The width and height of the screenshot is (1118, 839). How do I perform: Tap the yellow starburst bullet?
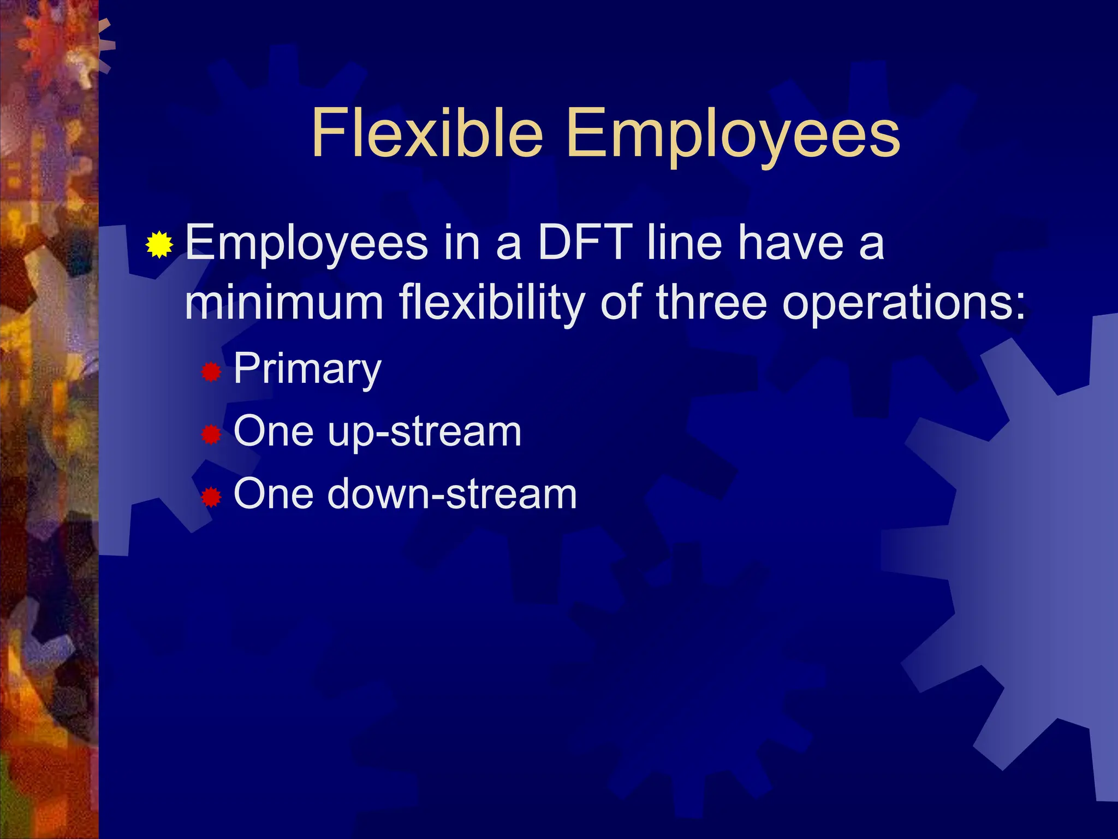pyautogui.click(x=159, y=244)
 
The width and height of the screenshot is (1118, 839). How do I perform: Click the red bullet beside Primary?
pyautogui.click(x=211, y=373)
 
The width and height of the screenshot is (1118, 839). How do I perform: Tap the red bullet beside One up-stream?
pyautogui.click(x=211, y=435)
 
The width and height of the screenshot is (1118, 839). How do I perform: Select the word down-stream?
pyautogui.click(x=451, y=494)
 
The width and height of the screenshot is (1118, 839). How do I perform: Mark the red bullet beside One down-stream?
pyautogui.click(x=211, y=498)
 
